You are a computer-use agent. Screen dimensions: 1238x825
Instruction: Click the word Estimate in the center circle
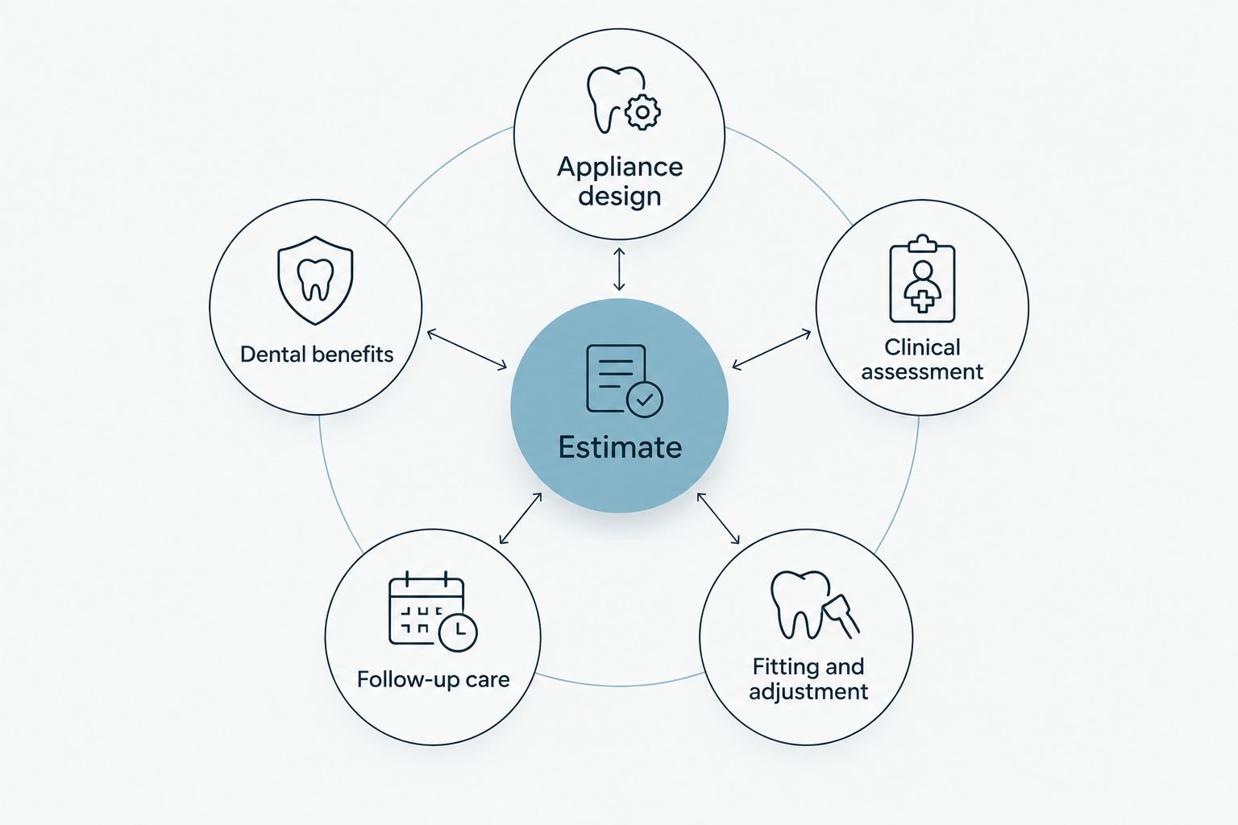620,447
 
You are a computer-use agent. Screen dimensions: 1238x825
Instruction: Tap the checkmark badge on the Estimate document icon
645,399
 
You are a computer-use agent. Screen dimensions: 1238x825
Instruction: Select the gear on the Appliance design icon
642,112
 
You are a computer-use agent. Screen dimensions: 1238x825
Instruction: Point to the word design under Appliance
620,196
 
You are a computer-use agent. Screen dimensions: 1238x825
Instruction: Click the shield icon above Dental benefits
315,280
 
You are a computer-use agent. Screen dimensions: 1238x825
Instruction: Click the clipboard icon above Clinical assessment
922,279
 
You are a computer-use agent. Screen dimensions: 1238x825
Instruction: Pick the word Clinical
922,347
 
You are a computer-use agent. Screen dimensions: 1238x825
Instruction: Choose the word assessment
922,372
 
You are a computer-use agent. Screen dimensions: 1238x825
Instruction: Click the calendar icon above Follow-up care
433,611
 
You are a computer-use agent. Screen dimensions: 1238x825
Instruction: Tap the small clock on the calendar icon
458,632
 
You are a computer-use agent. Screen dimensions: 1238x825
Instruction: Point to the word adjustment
808,692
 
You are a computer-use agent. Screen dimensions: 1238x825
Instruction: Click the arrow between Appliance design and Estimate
619,269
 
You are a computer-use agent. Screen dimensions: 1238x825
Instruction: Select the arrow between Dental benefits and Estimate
467,349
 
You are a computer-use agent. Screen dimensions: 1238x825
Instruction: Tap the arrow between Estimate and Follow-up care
520,518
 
